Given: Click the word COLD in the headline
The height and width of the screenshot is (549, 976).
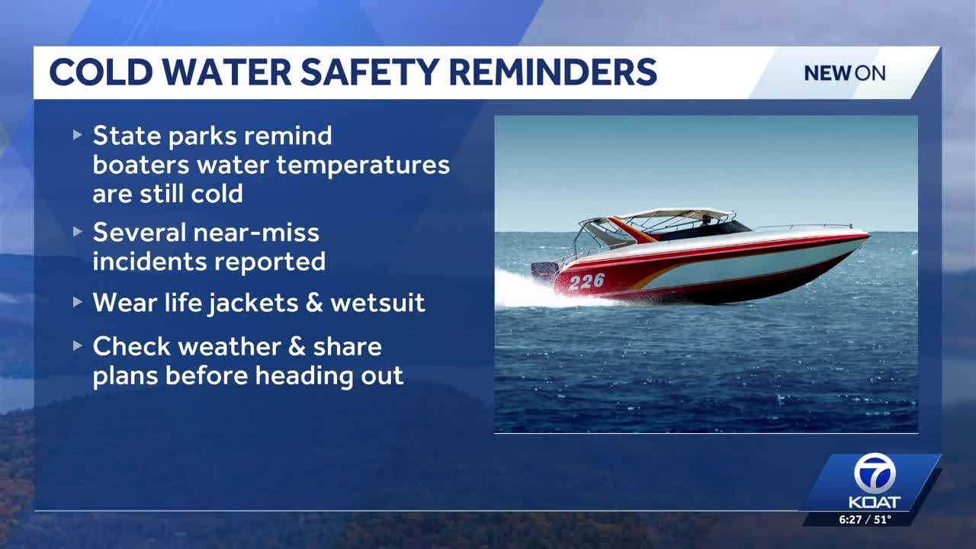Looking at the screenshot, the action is click(x=101, y=72).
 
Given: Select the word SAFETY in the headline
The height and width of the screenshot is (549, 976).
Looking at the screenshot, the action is click(x=370, y=72).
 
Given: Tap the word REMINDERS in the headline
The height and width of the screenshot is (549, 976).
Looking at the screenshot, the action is click(x=553, y=72).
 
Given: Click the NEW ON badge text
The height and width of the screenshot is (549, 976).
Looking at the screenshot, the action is click(x=844, y=73).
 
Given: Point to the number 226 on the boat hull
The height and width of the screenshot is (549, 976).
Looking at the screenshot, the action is click(x=587, y=281).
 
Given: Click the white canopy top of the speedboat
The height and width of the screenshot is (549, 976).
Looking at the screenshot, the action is click(x=676, y=213).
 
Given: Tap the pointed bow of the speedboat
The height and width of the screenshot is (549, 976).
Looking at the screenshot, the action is click(x=867, y=236).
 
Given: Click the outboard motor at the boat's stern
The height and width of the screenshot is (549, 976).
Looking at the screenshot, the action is click(x=544, y=270).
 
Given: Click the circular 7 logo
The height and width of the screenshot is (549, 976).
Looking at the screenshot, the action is click(x=875, y=474).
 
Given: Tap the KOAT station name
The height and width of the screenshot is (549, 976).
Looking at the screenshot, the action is click(x=875, y=502).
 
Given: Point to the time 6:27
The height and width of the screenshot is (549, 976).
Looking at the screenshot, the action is click(x=850, y=519).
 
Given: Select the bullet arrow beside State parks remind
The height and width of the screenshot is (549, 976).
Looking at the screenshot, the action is click(x=78, y=135).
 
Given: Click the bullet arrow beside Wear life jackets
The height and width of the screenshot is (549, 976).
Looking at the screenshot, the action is click(x=78, y=301).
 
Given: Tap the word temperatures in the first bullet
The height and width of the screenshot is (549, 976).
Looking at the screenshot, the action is click(x=363, y=165).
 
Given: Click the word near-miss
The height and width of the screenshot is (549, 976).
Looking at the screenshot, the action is click(x=256, y=233).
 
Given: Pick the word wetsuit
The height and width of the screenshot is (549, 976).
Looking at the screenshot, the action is click(x=377, y=303).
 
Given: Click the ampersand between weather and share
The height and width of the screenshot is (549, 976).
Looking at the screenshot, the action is click(x=297, y=347).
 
